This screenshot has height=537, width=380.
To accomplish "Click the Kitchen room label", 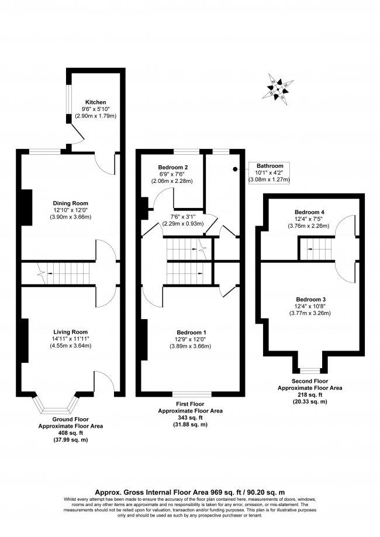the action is (96, 102).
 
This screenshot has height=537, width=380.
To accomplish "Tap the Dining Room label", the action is (70, 203).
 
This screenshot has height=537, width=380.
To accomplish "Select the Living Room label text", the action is (70, 332).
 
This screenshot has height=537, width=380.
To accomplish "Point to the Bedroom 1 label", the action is (192, 332).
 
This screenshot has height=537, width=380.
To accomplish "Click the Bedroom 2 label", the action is (172, 168).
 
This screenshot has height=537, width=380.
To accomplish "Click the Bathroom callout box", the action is (269, 172).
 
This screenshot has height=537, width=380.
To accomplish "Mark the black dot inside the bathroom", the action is (235, 169).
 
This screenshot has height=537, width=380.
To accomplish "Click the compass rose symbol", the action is (278, 89).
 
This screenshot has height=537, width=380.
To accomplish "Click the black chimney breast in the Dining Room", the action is (27, 207).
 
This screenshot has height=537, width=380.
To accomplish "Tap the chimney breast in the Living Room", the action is (25, 341).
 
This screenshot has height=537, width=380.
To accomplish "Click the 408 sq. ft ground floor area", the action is (70, 433).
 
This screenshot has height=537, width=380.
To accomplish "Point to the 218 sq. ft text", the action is (310, 394).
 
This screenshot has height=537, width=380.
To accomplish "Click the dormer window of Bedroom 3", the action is (310, 370).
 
